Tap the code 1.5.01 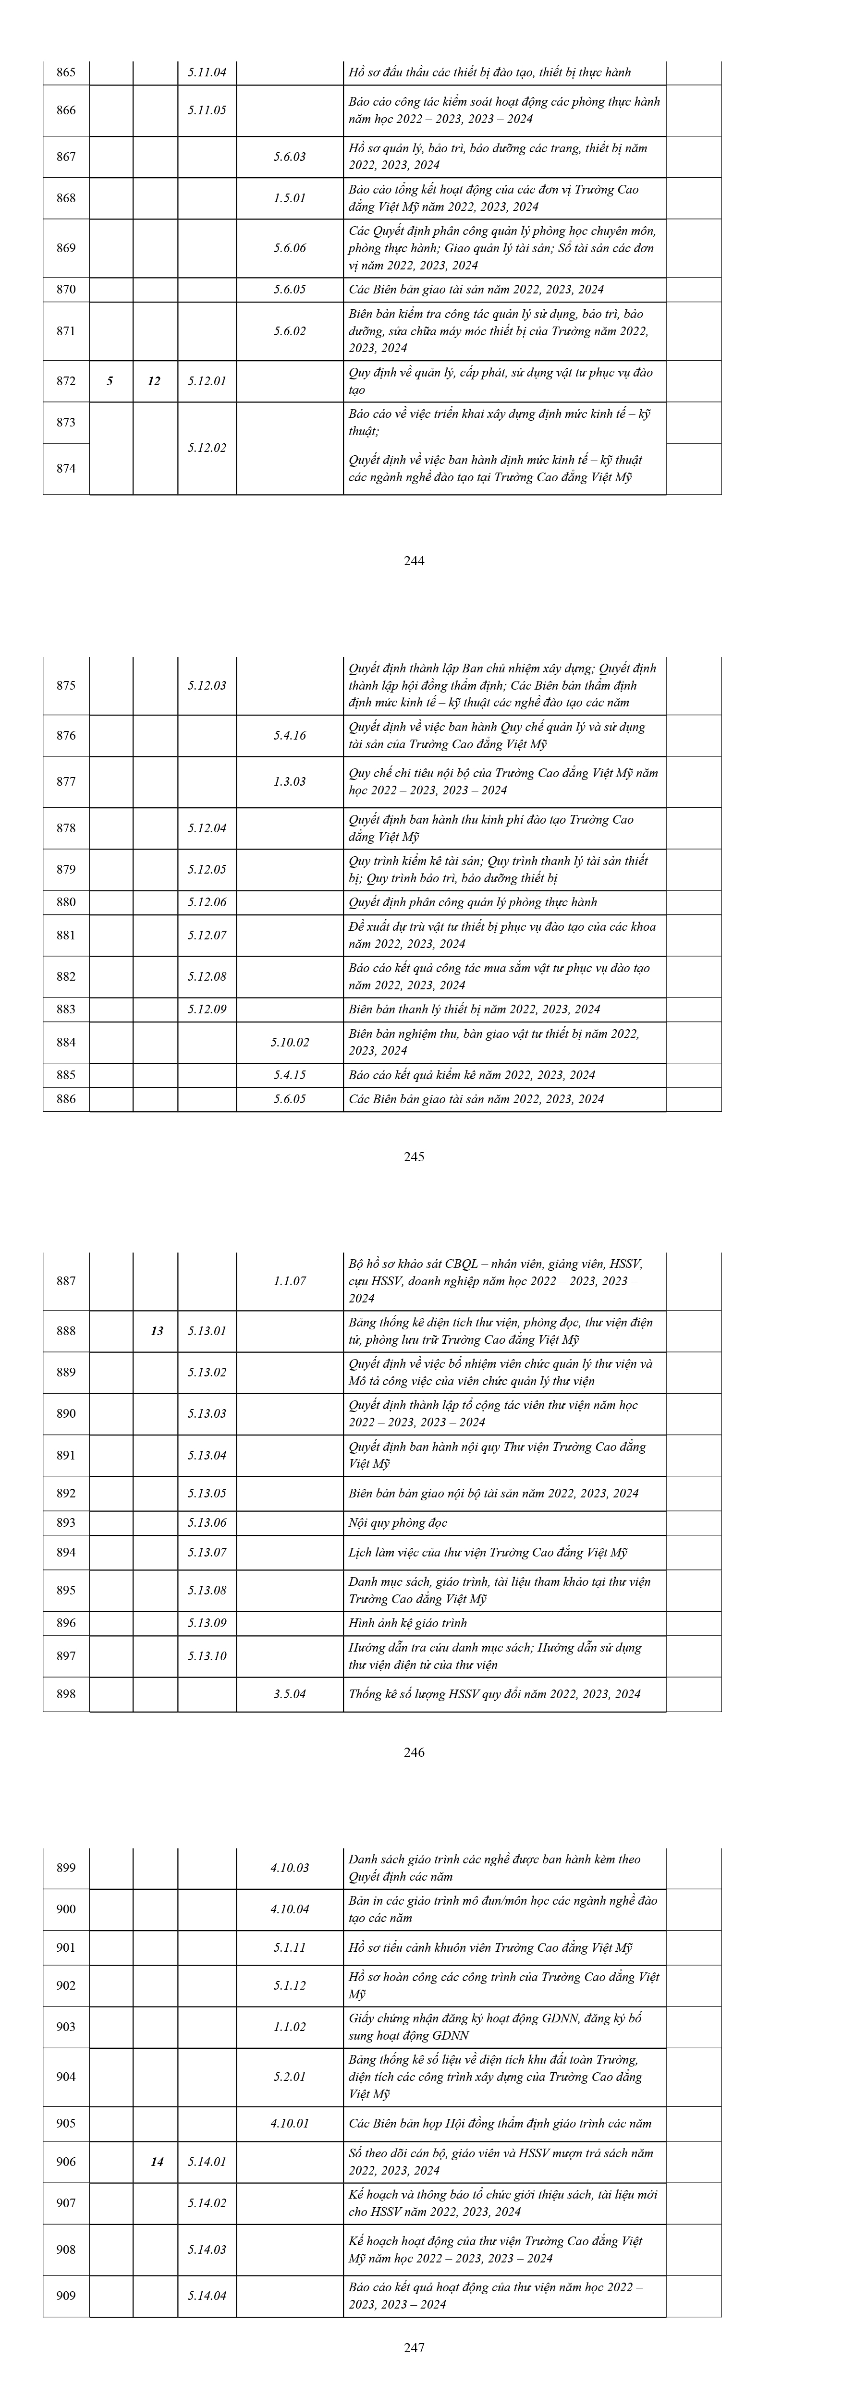[290, 198]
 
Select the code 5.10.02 [290, 1042]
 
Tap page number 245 [415, 1156]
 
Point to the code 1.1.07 [290, 1281]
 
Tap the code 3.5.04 [290, 1694]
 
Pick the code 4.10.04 [290, 1909]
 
